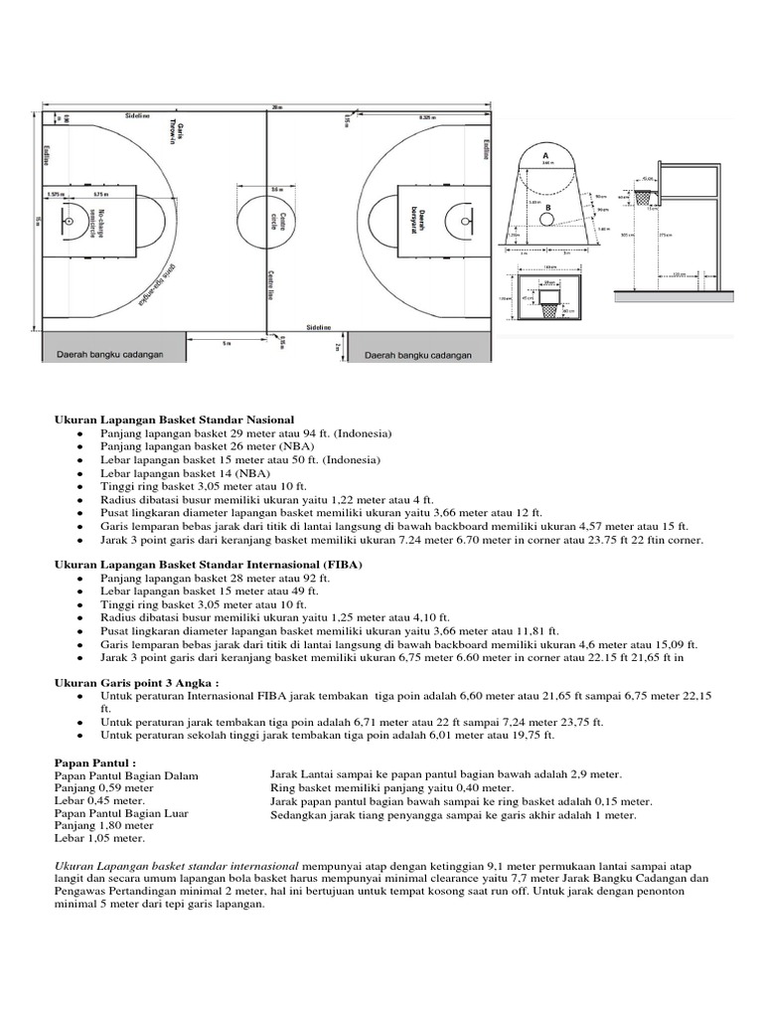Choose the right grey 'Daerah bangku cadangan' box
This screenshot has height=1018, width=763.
click(x=417, y=354)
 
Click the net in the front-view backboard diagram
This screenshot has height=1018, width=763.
click(x=548, y=309)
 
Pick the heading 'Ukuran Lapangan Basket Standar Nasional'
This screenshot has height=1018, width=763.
click(x=174, y=421)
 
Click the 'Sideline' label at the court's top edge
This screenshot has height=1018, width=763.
click(x=137, y=115)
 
